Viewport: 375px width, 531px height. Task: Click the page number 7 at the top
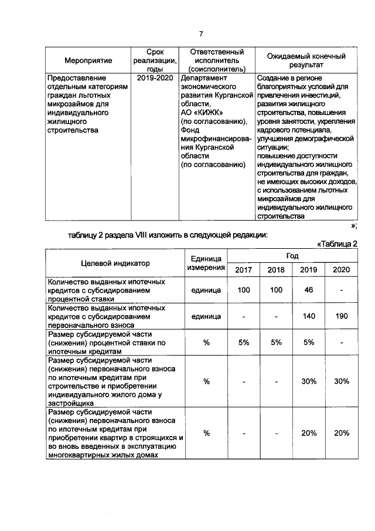[x=201, y=33]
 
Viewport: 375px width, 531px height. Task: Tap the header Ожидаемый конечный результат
[x=306, y=60]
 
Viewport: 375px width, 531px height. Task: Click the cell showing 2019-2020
[x=154, y=77]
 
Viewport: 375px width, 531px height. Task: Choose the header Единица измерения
[x=206, y=263]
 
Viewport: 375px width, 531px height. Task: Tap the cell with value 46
[x=309, y=290]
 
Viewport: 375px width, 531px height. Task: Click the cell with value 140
[x=309, y=316]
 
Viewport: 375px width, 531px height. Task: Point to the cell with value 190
[x=341, y=316]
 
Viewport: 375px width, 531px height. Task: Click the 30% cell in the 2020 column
[x=341, y=381]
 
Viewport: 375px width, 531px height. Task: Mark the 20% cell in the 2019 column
[x=309, y=433]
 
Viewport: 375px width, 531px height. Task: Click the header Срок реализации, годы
[x=154, y=60]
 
